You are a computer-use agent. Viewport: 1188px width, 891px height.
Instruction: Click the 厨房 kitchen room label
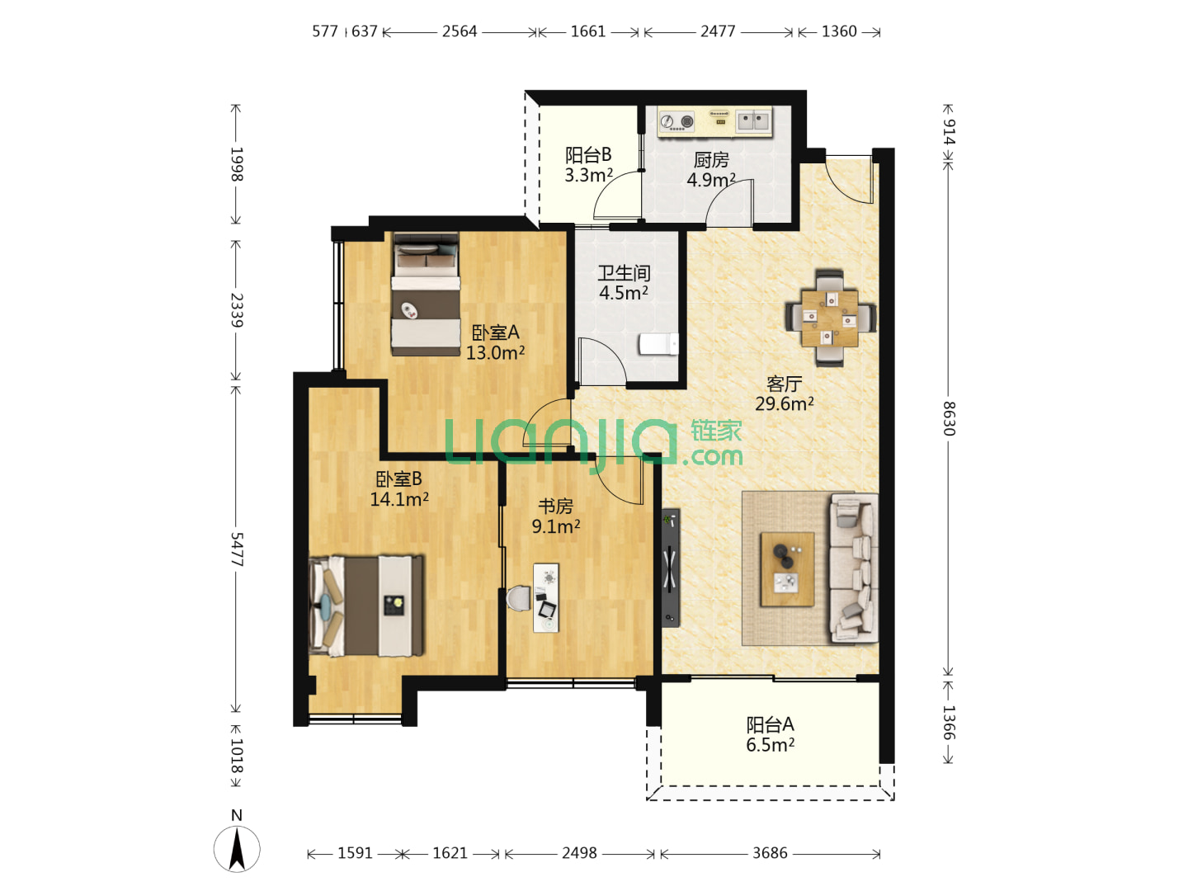tap(710, 159)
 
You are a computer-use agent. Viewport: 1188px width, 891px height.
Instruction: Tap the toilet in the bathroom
tap(658, 343)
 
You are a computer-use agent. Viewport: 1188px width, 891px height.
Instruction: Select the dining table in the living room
tap(829, 318)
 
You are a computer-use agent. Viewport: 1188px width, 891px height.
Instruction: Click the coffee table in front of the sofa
tap(787, 569)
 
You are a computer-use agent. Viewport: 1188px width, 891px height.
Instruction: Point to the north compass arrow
tap(237, 849)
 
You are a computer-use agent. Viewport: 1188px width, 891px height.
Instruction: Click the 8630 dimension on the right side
tap(949, 419)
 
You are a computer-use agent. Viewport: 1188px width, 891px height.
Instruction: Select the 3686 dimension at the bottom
tap(770, 853)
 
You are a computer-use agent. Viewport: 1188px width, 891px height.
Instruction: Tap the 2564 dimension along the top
tap(459, 31)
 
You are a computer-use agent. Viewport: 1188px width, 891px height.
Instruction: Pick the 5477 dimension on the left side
tap(237, 549)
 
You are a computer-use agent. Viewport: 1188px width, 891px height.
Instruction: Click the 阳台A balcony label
tap(770, 724)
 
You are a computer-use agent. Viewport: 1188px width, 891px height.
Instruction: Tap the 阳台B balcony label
tap(588, 155)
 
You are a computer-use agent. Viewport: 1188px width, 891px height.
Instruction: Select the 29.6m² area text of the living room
tap(784, 403)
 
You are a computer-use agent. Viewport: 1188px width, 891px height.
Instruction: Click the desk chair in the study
tap(519, 598)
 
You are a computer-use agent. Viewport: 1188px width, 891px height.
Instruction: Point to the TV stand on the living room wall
tap(670, 568)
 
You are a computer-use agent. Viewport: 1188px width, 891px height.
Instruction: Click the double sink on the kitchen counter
tap(752, 120)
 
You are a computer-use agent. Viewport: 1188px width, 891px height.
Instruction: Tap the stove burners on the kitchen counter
tap(676, 121)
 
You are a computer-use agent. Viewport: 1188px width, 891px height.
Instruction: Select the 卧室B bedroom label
tap(398, 478)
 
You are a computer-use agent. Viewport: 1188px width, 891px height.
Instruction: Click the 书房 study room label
tap(555, 507)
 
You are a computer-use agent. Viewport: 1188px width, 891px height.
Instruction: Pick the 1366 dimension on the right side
tap(949, 722)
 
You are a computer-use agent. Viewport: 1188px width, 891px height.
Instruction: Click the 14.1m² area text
tap(398, 499)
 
